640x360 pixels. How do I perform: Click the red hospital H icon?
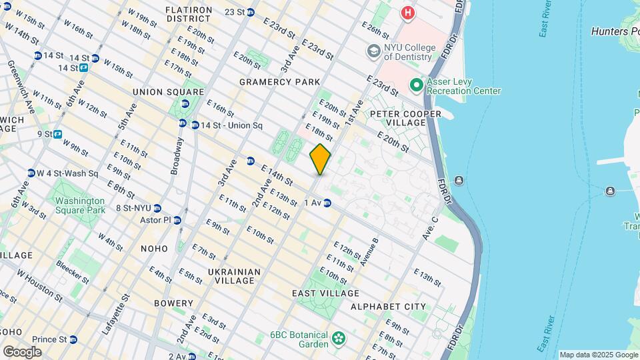pos(407,13)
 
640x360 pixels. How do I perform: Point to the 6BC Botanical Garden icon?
pos(339,339)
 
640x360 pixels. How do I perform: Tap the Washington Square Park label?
pos(80,205)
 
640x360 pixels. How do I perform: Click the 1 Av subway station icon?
pos(327,203)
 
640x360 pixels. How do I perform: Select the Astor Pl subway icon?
pos(177,220)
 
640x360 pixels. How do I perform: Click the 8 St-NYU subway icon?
pos(157,208)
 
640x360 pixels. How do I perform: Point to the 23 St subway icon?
pos(250,12)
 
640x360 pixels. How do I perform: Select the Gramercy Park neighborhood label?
pos(276,81)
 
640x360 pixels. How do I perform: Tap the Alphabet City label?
pos(388,307)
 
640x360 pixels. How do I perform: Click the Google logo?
pos(22,351)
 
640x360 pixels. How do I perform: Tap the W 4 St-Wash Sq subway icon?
pos(31,173)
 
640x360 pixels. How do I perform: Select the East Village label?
pos(325,293)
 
